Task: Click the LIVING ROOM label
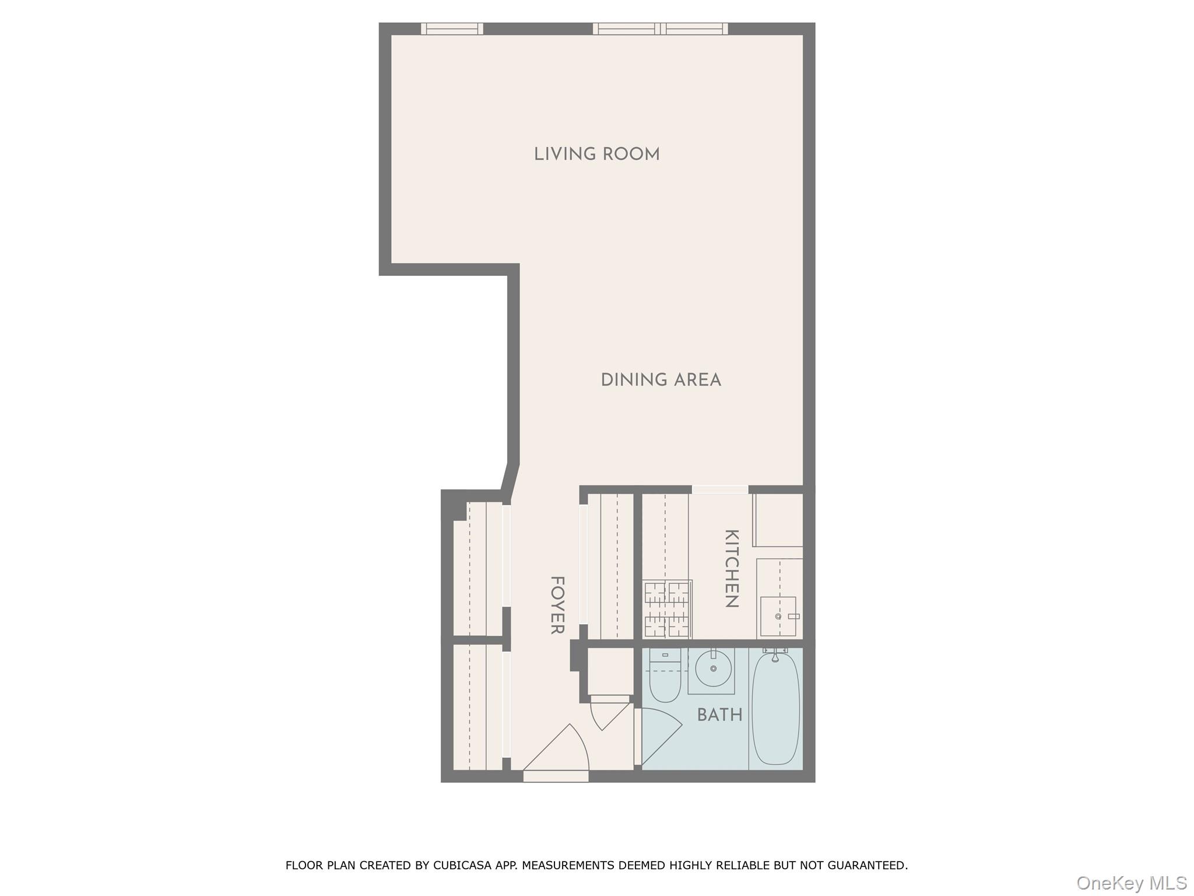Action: [596, 155]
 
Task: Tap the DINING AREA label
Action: [661, 380]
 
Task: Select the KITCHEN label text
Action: [732, 568]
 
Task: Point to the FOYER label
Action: [557, 605]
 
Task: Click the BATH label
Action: [719, 715]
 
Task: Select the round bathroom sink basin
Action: [713, 668]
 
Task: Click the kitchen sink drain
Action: [778, 616]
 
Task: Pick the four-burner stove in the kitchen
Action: [667, 609]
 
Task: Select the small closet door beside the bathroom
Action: [609, 714]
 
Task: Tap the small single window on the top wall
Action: [452, 29]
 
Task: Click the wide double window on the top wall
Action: [661, 29]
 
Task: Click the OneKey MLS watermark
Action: [1131, 883]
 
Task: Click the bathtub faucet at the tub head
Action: [775, 656]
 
